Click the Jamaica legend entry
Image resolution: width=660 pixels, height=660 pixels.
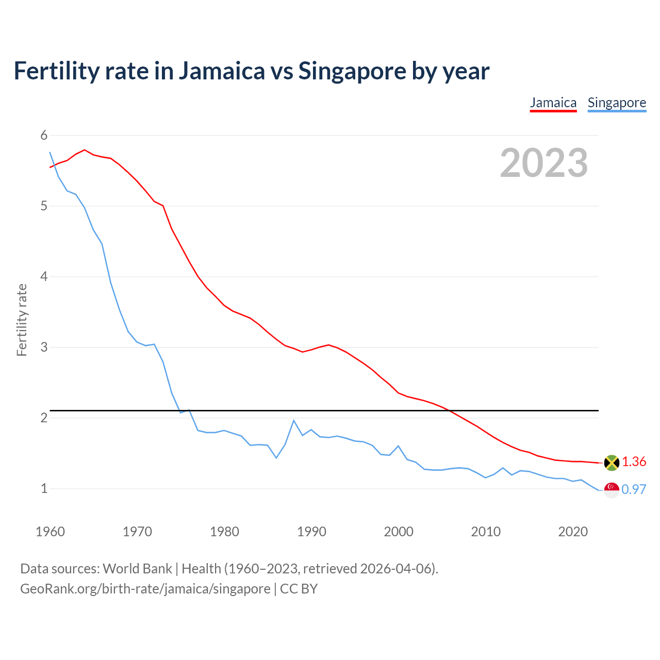click(553, 103)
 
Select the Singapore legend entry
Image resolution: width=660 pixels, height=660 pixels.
click(617, 103)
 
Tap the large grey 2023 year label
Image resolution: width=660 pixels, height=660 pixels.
click(544, 163)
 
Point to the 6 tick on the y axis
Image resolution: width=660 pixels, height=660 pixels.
click(44, 136)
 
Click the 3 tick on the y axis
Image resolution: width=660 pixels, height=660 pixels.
click(44, 347)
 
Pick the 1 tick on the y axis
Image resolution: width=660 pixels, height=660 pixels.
click(44, 488)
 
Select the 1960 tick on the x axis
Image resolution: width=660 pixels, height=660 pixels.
click(50, 532)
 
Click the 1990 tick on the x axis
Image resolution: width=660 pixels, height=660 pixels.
click(311, 532)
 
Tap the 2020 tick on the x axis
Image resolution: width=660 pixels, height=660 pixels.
click(573, 532)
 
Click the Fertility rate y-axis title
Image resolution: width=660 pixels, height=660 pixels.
click(22, 320)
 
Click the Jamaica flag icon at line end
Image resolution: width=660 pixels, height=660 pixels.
click(612, 463)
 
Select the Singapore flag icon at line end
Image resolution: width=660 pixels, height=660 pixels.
click(612, 490)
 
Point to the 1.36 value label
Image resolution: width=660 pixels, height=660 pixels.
click(634, 461)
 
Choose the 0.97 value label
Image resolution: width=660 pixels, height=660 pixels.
click(634, 489)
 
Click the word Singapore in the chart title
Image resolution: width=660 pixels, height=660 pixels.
click(352, 71)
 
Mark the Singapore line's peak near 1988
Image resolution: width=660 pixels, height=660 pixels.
click(294, 420)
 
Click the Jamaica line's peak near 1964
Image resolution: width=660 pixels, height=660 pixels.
click(85, 150)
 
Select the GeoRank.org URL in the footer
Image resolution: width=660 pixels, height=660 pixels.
click(145, 589)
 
